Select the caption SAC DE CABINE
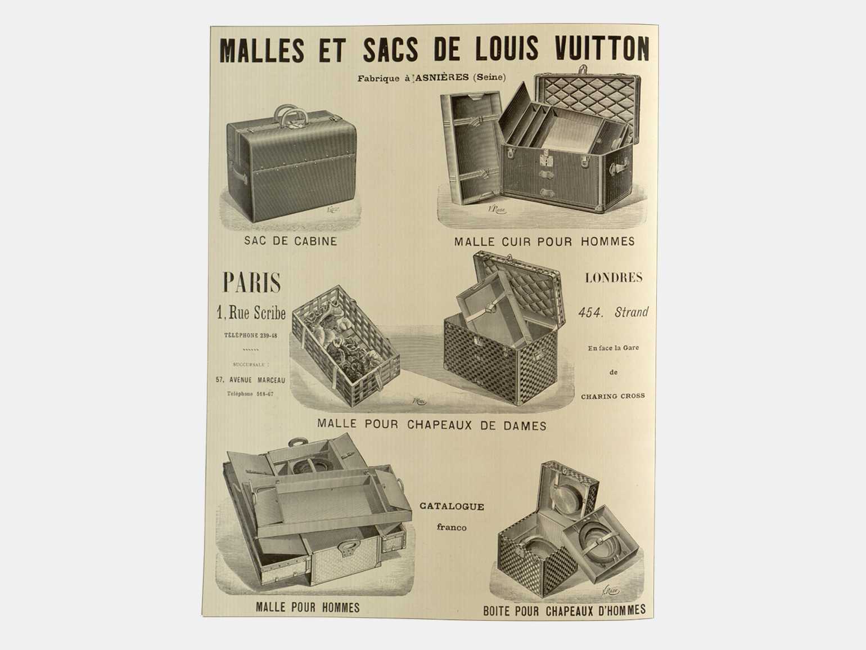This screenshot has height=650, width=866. (x=290, y=241)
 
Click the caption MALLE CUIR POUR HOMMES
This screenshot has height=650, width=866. (x=544, y=241)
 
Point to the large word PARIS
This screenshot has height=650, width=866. (x=252, y=282)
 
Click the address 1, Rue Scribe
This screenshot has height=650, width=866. (x=251, y=312)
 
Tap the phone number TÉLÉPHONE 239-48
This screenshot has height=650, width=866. (x=251, y=335)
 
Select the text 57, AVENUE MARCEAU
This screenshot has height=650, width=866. (x=250, y=380)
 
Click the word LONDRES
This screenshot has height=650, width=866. (x=614, y=278)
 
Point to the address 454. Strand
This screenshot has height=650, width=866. (x=614, y=312)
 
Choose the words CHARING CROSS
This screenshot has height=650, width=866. (x=613, y=396)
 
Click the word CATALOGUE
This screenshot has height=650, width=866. (x=452, y=506)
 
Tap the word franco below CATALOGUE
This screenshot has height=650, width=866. (x=452, y=527)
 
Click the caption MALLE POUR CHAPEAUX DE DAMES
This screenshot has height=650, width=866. (x=432, y=425)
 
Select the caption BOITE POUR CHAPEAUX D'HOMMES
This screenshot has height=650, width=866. (x=565, y=609)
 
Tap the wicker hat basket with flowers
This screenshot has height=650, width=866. (x=345, y=346)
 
